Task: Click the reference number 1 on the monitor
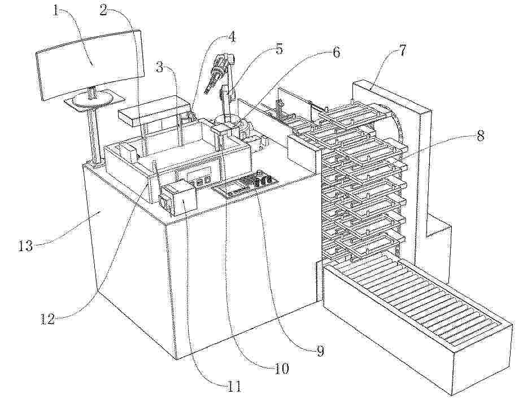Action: pyautogui.click(x=56, y=12)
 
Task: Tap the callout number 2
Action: pyautogui.click(x=104, y=10)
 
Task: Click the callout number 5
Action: pyautogui.click(x=279, y=49)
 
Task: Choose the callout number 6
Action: pyautogui.click(x=336, y=52)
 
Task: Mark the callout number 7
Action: pyautogui.click(x=402, y=50)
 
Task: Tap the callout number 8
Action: pyautogui.click(x=480, y=135)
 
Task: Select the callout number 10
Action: pyautogui.click(x=281, y=369)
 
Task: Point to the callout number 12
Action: pyautogui.click(x=47, y=319)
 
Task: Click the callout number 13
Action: pyautogui.click(x=25, y=246)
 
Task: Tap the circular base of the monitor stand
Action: pyautogui.click(x=91, y=99)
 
